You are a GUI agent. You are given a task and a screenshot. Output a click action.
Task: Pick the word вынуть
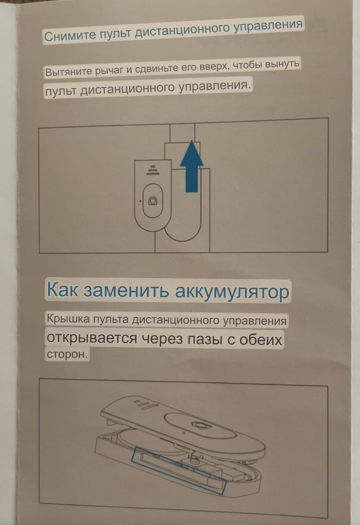282,64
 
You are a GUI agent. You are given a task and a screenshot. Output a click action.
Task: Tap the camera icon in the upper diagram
153,200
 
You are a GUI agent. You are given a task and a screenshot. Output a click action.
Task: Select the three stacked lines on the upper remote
152,170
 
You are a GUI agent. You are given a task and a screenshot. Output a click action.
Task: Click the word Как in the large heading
62,290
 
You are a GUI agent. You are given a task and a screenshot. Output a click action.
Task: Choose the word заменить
126,290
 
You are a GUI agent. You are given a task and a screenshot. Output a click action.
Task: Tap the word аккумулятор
232,291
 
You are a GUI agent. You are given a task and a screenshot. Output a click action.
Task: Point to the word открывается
91,338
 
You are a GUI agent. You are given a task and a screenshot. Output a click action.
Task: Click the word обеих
261,340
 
